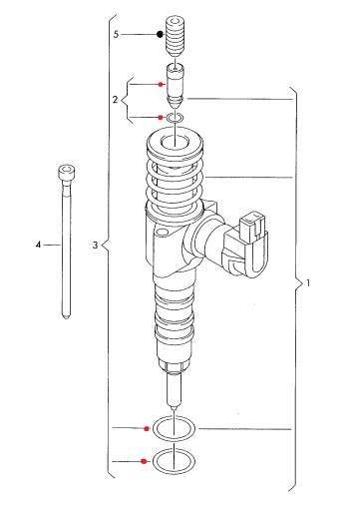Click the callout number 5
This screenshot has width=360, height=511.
pos(116,34)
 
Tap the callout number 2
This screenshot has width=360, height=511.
pos(115,100)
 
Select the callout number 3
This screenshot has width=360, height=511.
pos(96,246)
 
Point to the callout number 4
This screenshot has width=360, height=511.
pos(38,245)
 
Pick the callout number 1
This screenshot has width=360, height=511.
pos(308,283)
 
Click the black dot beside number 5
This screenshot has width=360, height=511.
pos(161,34)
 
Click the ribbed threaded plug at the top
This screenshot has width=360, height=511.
pos(175,36)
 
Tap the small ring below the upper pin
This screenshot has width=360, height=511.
pos(175,118)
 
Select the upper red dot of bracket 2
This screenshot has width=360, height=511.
pos(161,85)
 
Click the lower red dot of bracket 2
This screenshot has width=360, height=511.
pos(161,118)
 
